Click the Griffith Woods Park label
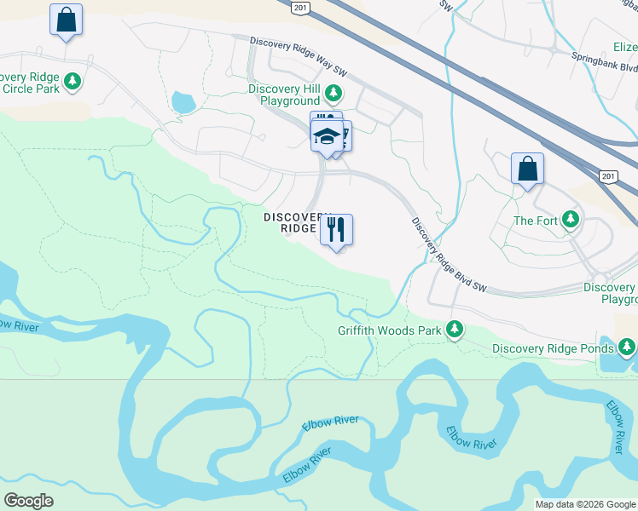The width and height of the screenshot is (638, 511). coord(389,330)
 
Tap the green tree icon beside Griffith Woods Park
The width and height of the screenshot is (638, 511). coord(455,329)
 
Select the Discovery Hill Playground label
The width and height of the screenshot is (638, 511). coord(285,95)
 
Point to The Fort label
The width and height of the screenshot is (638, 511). coord(535,221)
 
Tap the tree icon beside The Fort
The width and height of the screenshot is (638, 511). coord(571,221)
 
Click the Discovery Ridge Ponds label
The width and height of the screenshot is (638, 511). coord(553,348)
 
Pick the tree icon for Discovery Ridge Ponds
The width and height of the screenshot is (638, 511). coord(627,347)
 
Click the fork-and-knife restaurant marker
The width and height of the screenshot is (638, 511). coord(336,229)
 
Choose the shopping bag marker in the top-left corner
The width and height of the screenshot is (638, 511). coord(66,19)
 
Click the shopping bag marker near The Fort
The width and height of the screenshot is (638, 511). coord(527,168)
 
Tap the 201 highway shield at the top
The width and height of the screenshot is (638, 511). coord(299,7)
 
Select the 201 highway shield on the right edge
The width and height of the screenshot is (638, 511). coord(607,176)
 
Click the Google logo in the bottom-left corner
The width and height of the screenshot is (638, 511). coord(28,501)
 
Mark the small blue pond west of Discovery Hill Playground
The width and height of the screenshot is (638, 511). coord(183,103)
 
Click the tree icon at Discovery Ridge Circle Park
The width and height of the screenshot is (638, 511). coord(73,81)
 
